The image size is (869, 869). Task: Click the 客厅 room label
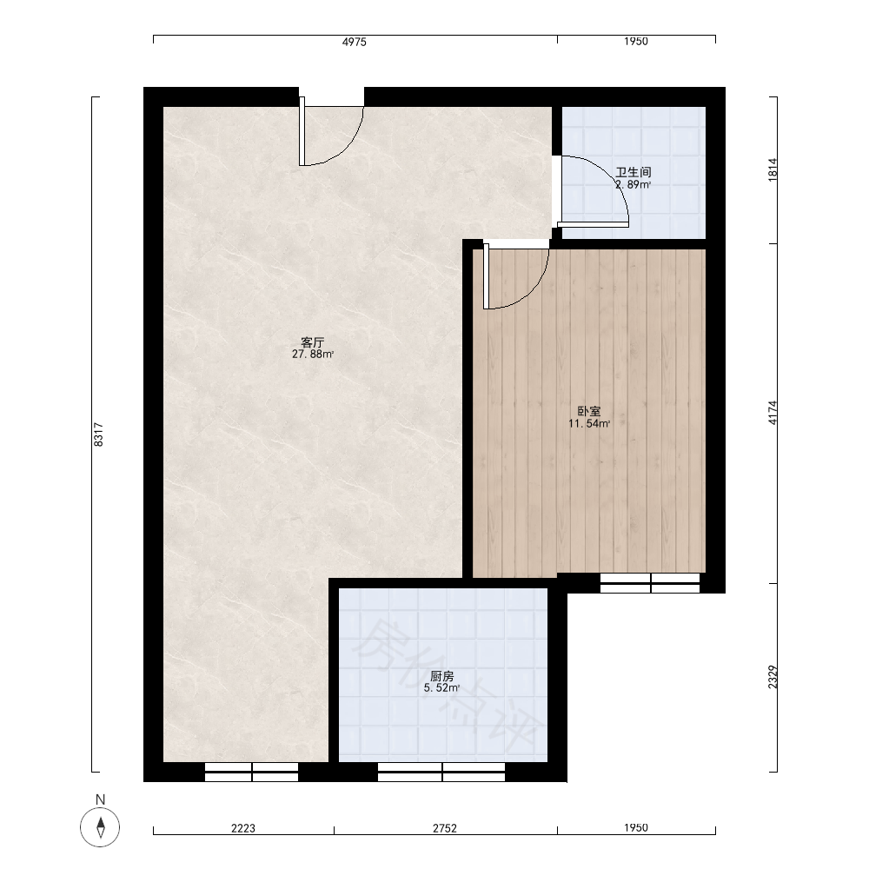pyautogui.click(x=313, y=342)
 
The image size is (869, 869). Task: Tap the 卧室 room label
pyautogui.click(x=589, y=411)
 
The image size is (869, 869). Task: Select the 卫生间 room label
pyautogui.click(x=633, y=172)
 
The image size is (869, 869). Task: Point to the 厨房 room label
pyautogui.click(x=442, y=676)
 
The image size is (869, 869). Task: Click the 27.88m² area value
pyautogui.click(x=313, y=355)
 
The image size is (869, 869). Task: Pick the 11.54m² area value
pyautogui.click(x=589, y=424)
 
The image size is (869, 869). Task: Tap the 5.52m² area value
pyautogui.click(x=442, y=688)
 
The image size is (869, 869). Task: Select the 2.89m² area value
pyautogui.click(x=633, y=184)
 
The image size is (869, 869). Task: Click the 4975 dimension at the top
pyautogui.click(x=355, y=42)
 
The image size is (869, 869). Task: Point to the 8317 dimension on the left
pyautogui.click(x=98, y=434)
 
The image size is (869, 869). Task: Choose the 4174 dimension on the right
pyautogui.click(x=773, y=413)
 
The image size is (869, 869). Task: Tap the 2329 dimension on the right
pyautogui.click(x=773, y=677)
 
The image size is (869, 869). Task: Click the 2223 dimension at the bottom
pyautogui.click(x=243, y=828)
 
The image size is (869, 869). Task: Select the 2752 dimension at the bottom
pyautogui.click(x=445, y=828)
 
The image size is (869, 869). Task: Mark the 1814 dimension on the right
pyautogui.click(x=773, y=169)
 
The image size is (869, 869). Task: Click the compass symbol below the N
pyautogui.click(x=100, y=827)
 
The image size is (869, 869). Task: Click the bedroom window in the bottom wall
pyautogui.click(x=650, y=583)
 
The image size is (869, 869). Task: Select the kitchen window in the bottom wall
pyautogui.click(x=441, y=772)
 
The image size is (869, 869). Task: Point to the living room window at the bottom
pyautogui.click(x=252, y=772)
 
